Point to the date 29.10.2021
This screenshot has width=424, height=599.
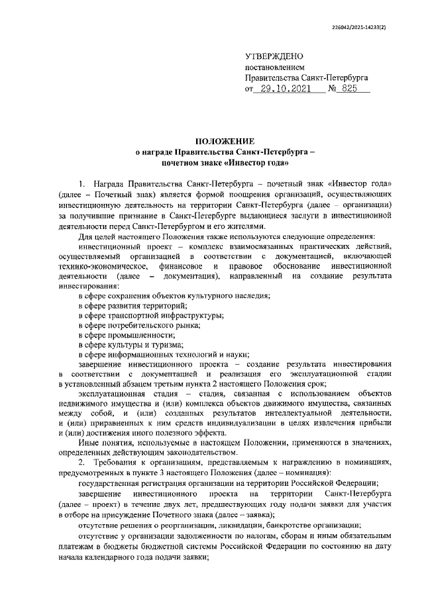pyautogui.click(x=284, y=89)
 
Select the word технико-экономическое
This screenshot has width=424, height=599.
pyautogui.click(x=101, y=265)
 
